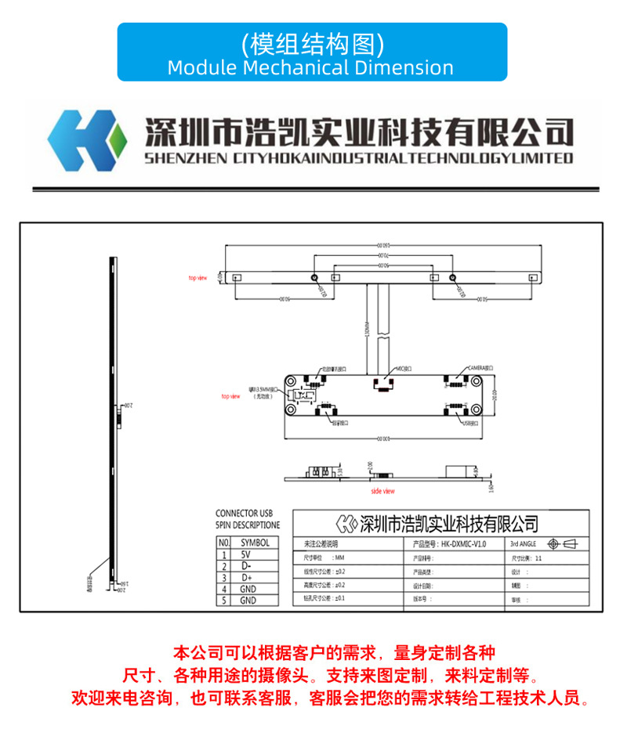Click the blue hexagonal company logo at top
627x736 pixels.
click(x=87, y=140)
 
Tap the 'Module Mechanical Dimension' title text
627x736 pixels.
click(x=310, y=67)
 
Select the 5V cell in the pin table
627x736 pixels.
click(x=245, y=554)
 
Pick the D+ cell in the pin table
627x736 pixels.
click(x=245, y=577)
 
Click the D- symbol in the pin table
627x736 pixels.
click(x=245, y=565)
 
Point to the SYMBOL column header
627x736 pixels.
click(x=255, y=542)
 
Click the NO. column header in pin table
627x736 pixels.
click(x=223, y=542)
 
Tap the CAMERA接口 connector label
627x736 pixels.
click(x=480, y=367)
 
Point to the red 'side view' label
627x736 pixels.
click(x=383, y=491)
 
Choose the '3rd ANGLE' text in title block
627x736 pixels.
click(x=524, y=543)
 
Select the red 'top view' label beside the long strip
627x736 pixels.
click(x=197, y=278)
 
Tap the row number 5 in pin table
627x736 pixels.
click(x=223, y=601)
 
